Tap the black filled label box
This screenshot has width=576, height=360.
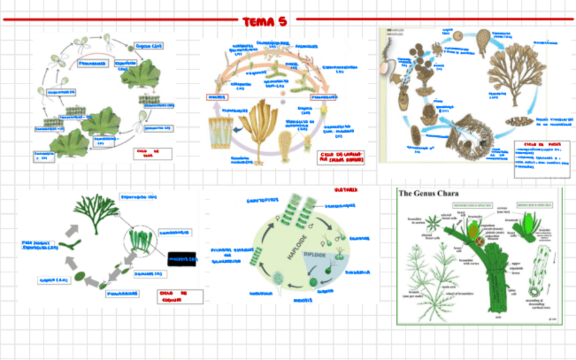pyautogui.click(x=181, y=259)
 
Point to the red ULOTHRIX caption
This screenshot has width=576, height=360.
pyautogui.click(x=347, y=191)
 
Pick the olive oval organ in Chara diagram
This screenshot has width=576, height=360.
pyautogui.click(x=473, y=230)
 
